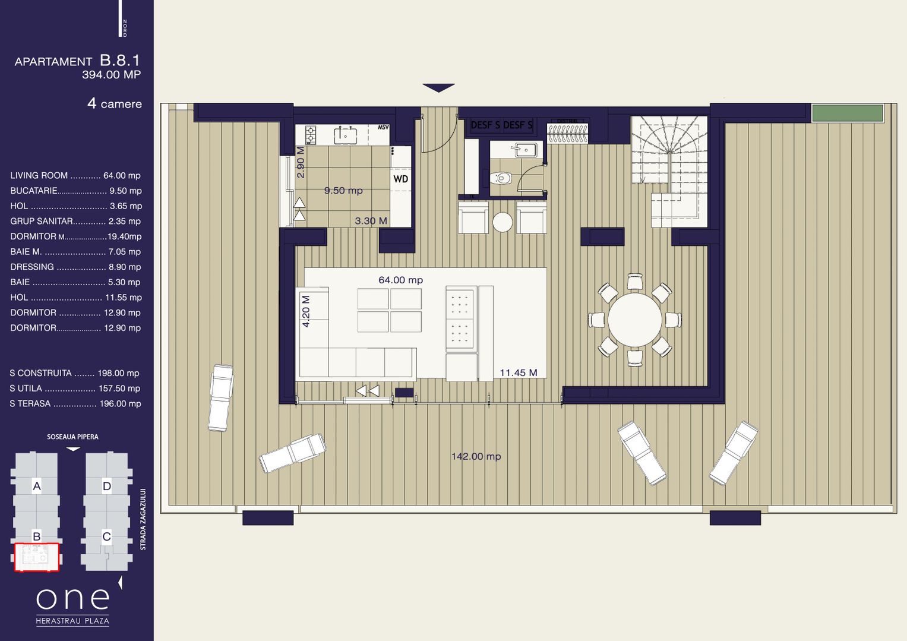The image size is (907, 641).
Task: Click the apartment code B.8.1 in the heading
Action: (x=119, y=60)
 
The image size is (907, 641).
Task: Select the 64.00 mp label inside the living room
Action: (x=400, y=280)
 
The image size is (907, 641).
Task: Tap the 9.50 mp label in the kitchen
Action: (x=343, y=191)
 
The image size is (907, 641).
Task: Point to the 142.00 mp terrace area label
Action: (x=476, y=456)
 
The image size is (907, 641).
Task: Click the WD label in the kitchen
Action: (x=400, y=179)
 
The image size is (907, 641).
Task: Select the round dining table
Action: (x=634, y=320)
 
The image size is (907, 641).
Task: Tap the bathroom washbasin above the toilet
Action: (x=525, y=149)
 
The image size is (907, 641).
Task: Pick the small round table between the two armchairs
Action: (x=503, y=222)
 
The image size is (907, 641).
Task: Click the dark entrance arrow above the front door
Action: (x=438, y=88)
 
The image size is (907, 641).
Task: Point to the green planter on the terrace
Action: (x=847, y=113)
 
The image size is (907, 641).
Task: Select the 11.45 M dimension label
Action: (x=518, y=373)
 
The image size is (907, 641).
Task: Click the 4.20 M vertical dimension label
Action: (x=306, y=311)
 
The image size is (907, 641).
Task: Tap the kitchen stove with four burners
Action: (x=311, y=135)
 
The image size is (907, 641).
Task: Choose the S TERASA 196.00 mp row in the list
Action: (x=75, y=403)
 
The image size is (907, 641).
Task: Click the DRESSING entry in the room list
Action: (x=75, y=267)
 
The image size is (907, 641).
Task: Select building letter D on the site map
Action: (x=106, y=487)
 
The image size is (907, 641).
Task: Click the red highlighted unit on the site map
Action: (x=36, y=557)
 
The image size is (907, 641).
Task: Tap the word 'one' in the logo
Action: (x=72, y=599)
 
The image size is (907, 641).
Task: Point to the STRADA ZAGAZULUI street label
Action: (x=143, y=519)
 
